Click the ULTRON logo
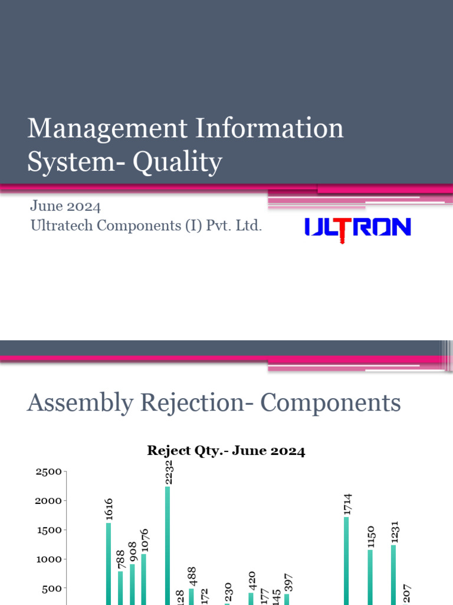point(357,227)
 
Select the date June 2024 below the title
point(65,206)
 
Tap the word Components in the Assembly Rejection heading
point(331,404)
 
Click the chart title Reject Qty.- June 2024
point(226,451)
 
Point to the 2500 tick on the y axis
point(48,471)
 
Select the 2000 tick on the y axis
point(48,500)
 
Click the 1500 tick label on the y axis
point(48,530)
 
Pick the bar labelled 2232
point(168,544)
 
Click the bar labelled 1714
point(346,558)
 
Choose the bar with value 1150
point(370,576)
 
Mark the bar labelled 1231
point(393,573)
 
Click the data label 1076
point(145,540)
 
